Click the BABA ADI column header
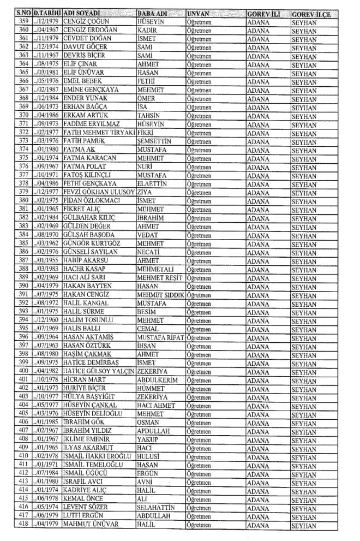151,12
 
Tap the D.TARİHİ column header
46,12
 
